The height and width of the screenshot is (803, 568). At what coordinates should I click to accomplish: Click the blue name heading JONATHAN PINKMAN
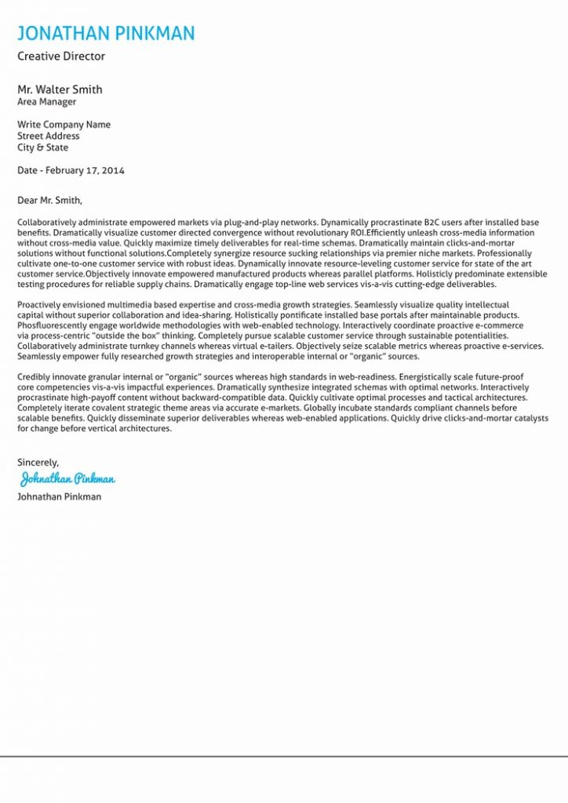coord(106,33)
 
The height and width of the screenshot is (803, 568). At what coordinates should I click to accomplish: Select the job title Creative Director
coord(61,56)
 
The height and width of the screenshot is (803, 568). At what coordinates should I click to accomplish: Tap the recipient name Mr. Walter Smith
coord(60,89)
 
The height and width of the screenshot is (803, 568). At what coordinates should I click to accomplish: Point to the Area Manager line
coord(47,102)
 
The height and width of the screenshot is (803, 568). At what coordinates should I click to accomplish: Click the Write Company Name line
coord(64,125)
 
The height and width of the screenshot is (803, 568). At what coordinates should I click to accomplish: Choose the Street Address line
coord(49,136)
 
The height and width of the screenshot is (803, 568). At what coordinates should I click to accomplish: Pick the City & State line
coord(43,147)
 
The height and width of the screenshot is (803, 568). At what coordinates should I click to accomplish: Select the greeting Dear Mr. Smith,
coord(49,200)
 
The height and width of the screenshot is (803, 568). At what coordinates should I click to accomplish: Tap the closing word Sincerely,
coord(38,463)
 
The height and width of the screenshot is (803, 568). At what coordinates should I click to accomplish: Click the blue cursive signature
coord(67,478)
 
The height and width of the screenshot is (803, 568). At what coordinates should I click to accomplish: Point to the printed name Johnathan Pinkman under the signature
coord(59,496)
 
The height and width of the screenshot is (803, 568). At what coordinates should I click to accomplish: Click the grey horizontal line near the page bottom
coord(284,757)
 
